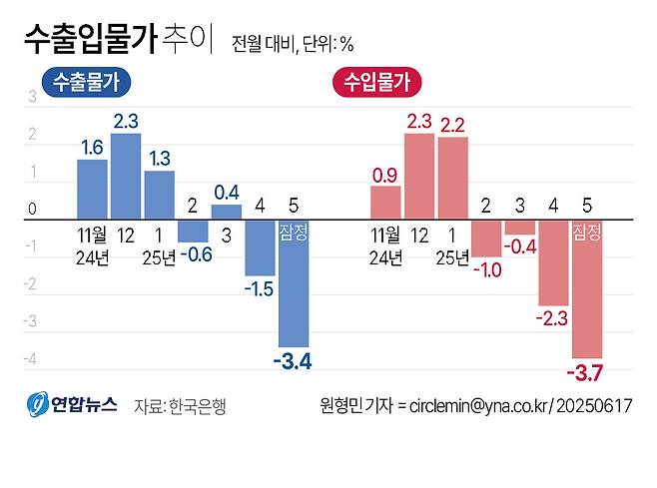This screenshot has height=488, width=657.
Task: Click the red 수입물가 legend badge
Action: point(375,83)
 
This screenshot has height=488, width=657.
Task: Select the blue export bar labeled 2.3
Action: point(126,176)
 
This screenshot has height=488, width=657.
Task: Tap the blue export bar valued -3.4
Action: point(293,282)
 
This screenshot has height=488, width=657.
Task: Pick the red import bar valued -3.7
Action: point(586,288)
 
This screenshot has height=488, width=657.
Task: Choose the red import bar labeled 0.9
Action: point(385,202)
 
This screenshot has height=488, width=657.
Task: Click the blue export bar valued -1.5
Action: point(260,247)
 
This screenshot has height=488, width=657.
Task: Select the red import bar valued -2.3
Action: point(553,262)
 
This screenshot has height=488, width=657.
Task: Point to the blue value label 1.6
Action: point(92,148)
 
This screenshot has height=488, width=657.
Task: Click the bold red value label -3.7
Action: point(586,373)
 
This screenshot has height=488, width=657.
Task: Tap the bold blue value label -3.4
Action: point(292,361)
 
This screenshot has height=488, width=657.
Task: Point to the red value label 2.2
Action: point(452,126)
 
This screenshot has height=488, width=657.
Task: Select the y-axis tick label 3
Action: point(32,97)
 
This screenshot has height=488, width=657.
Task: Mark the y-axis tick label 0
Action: point(32,211)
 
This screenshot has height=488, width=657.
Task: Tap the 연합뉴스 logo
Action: point(72,405)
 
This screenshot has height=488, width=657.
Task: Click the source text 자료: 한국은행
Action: point(180,407)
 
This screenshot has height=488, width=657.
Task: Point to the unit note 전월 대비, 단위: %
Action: point(293,44)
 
